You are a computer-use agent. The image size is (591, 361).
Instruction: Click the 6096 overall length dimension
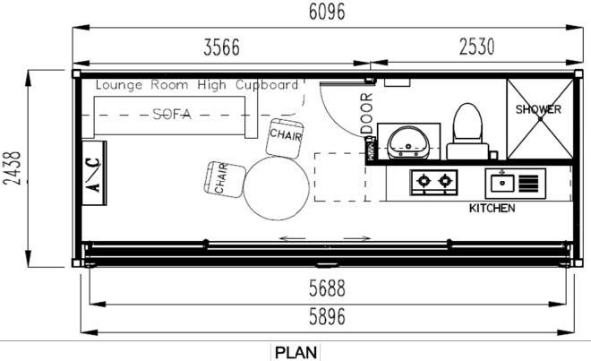click(327, 12)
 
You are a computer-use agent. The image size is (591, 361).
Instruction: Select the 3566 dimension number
click(222, 47)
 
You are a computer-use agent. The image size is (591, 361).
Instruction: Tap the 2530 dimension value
click(476, 47)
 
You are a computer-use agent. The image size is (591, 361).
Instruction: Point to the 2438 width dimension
click(12, 168)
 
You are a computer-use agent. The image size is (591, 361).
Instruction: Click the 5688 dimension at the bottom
click(327, 288)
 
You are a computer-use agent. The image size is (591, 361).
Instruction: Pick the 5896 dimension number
click(327, 317)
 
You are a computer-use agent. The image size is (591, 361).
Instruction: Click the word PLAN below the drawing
click(295, 353)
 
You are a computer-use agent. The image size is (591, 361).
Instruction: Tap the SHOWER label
click(538, 109)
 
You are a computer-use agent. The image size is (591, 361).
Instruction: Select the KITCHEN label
click(492, 208)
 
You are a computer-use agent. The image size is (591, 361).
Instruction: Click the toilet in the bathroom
click(467, 132)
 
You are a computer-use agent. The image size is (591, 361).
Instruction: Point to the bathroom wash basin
click(408, 142)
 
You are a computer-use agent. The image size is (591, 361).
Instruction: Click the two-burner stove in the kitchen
click(433, 183)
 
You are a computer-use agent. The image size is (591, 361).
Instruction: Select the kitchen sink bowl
click(502, 184)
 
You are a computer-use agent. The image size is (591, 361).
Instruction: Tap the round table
click(277, 188)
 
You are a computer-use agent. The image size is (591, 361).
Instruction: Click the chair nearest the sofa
click(285, 139)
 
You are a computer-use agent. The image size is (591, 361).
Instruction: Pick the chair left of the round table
click(225, 179)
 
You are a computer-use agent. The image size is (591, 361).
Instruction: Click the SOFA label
click(172, 114)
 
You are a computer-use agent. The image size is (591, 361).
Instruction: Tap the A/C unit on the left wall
click(94, 173)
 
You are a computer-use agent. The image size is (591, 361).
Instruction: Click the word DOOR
click(366, 114)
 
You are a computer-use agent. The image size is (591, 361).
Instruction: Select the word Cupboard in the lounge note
click(267, 85)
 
